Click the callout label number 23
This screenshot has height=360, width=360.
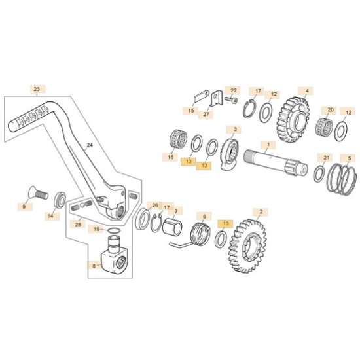point(37,89)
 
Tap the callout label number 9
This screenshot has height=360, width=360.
point(24,207)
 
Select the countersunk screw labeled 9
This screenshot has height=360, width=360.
point(38,194)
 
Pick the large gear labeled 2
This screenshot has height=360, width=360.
point(248,246)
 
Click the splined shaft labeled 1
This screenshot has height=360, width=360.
point(276,163)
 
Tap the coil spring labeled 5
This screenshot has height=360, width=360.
point(342,179)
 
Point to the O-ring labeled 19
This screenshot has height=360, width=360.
point(113,231)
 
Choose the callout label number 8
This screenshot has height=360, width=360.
point(94,266)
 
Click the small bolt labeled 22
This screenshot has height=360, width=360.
point(231,100)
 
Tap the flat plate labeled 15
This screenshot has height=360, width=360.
point(202,96)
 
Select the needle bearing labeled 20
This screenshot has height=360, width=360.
point(325,127)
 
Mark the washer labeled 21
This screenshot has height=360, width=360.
point(319,174)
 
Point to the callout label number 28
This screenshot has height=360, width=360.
point(78,225)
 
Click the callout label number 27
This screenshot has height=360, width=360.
point(206,114)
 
